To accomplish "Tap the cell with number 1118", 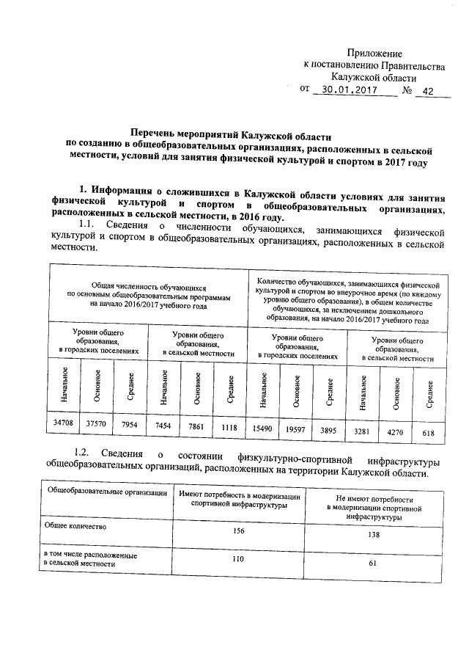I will [x=227, y=427].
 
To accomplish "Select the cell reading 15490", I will [x=262, y=428].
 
